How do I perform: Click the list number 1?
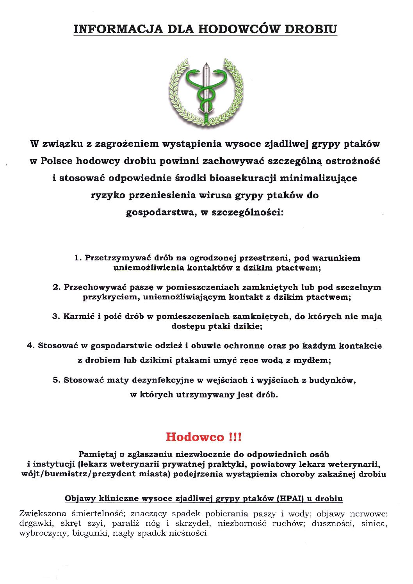pos(77,258)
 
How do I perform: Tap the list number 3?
pos(55,316)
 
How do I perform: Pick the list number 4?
pos(30,345)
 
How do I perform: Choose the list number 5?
pos(56,380)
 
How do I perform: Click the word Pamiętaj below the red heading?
pos(97,454)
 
